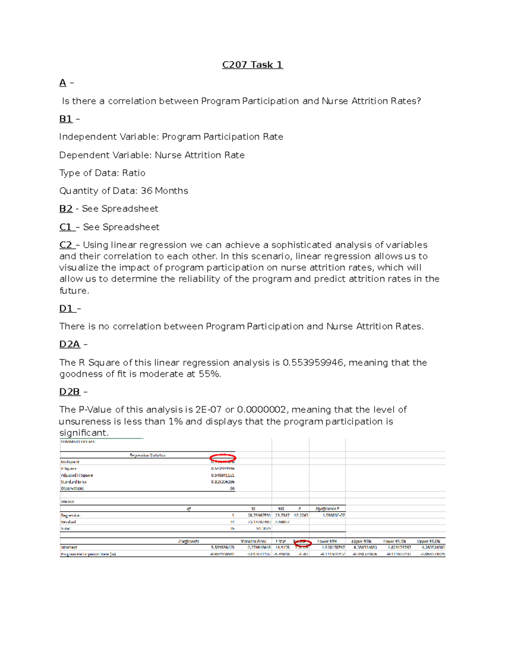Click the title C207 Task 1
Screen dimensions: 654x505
(252, 65)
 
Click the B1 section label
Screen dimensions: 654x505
(66, 119)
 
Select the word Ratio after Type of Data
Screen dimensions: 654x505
(134, 173)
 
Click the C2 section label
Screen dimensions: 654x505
(66, 245)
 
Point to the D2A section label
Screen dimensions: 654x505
(69, 344)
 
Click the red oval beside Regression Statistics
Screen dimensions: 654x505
(223, 458)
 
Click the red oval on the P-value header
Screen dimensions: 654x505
(302, 544)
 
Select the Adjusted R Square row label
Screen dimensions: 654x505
(77, 475)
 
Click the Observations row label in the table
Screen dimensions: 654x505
(72, 488)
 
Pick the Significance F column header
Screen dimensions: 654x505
(327, 509)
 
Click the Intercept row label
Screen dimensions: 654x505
(69, 548)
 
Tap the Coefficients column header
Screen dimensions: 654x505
(189, 542)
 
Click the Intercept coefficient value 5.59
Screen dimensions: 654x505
(223, 548)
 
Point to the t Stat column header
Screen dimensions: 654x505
(281, 542)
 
